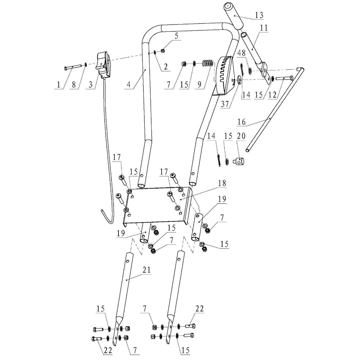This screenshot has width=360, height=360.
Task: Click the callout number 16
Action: (241, 122)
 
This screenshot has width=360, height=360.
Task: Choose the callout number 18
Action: (222, 183)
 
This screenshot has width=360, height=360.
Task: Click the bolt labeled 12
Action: (284, 77)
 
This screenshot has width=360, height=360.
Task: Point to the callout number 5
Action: (176, 36)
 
